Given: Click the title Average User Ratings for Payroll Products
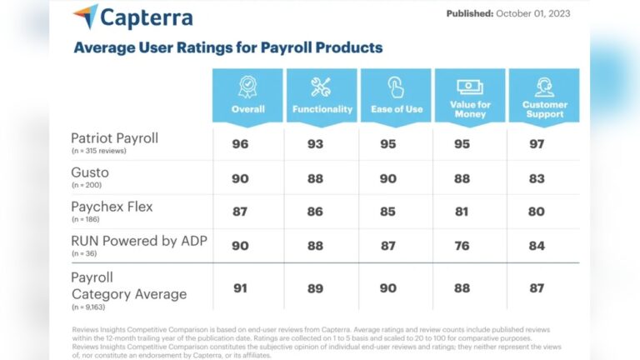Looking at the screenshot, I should (227, 47).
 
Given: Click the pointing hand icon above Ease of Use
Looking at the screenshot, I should (395, 87).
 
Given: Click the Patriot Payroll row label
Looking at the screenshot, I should (113, 137).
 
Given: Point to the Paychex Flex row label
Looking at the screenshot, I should (111, 206).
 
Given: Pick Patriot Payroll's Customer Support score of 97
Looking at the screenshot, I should (537, 143).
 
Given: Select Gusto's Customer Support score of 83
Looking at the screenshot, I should (537, 177).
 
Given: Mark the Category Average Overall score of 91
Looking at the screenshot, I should (241, 288).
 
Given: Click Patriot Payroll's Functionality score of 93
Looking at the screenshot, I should (315, 143).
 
